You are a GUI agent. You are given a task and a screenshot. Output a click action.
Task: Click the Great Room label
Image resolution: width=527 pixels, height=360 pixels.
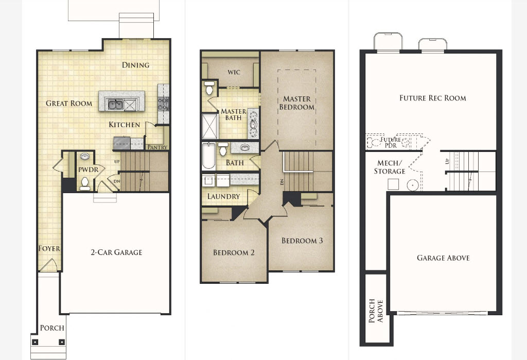click(x=69, y=104)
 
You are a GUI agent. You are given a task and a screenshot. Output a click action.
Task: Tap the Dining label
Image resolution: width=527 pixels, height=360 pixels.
click(x=135, y=65)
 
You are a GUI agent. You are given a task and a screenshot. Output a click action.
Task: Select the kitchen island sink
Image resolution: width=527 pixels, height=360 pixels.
click(x=115, y=105)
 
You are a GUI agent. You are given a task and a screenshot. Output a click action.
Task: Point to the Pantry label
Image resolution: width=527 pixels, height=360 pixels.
click(x=157, y=147)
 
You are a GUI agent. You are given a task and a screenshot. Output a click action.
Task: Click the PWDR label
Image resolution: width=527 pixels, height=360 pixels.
click(x=89, y=169)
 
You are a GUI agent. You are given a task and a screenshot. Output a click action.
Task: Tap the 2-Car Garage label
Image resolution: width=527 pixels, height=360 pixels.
click(x=116, y=252)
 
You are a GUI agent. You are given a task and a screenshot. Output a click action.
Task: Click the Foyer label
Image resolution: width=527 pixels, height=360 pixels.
click(x=49, y=248)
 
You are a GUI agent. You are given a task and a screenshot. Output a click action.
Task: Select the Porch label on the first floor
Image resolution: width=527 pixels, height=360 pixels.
click(x=52, y=328)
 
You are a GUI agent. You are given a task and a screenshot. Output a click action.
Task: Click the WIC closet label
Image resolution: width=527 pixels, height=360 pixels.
click(x=234, y=72)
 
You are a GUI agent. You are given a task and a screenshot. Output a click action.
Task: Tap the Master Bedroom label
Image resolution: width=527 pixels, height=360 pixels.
click(x=297, y=103)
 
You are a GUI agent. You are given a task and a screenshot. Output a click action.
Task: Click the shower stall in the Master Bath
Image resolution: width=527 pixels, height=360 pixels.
click(x=210, y=126)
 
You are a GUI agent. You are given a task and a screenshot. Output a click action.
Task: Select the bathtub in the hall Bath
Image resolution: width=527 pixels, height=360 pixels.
click(x=209, y=156)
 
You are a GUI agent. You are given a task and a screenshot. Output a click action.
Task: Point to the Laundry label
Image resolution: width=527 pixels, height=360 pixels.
click(x=223, y=196)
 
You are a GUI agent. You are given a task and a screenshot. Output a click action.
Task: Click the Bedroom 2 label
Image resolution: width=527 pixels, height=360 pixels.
click(x=234, y=252)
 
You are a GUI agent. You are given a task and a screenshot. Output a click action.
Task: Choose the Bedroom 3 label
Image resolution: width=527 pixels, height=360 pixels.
click(x=302, y=241)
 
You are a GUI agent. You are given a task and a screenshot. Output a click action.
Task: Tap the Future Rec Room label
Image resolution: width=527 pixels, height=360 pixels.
click(x=432, y=98)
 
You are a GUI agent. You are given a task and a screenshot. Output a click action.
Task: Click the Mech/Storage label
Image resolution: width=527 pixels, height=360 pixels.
click(x=390, y=167)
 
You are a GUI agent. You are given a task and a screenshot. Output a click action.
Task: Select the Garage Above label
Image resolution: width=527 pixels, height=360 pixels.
click(x=443, y=258)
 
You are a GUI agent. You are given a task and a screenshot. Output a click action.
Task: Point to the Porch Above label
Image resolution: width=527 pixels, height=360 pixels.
click(x=376, y=311)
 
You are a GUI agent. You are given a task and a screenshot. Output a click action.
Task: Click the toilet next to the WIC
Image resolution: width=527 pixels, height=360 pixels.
click(x=209, y=88)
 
